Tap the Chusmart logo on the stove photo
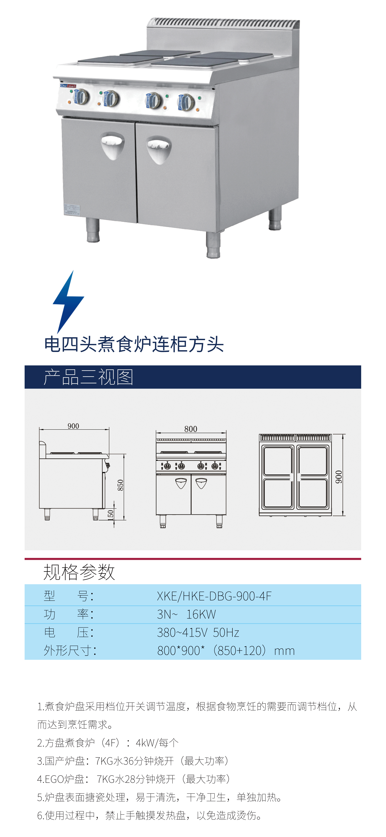[68, 86]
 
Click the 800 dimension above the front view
[191, 429]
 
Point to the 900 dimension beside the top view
[339, 477]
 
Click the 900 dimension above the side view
[73, 426]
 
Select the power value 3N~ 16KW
[186, 614]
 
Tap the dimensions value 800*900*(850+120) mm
[226, 651]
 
